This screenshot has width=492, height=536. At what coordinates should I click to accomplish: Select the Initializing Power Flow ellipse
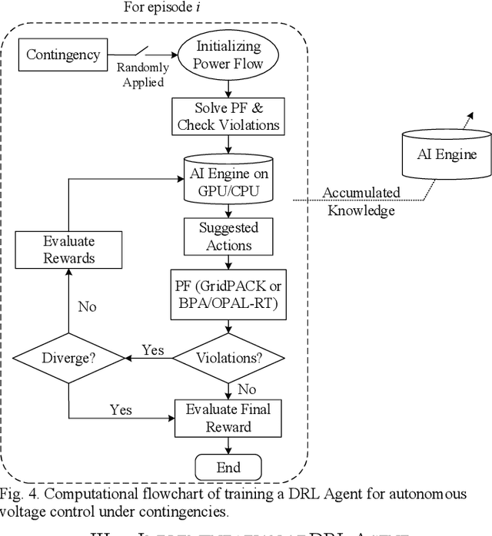click(x=228, y=55)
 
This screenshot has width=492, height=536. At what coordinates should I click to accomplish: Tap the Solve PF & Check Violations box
click(x=228, y=115)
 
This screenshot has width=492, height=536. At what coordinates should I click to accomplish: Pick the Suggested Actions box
click(x=228, y=237)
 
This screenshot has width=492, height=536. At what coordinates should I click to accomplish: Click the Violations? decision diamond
click(x=228, y=357)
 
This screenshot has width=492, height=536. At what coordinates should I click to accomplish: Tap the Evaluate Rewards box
click(x=68, y=249)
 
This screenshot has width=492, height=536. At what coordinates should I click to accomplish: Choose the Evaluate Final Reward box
click(x=228, y=418)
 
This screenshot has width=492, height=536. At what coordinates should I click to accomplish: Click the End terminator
click(x=228, y=467)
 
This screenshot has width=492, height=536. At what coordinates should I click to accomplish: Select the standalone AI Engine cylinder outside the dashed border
click(x=446, y=155)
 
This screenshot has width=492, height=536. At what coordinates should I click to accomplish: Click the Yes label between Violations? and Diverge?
click(x=154, y=349)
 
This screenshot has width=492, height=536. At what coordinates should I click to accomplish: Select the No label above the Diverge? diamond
click(x=87, y=306)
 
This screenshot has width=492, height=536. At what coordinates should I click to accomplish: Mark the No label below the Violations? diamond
click(x=247, y=389)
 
